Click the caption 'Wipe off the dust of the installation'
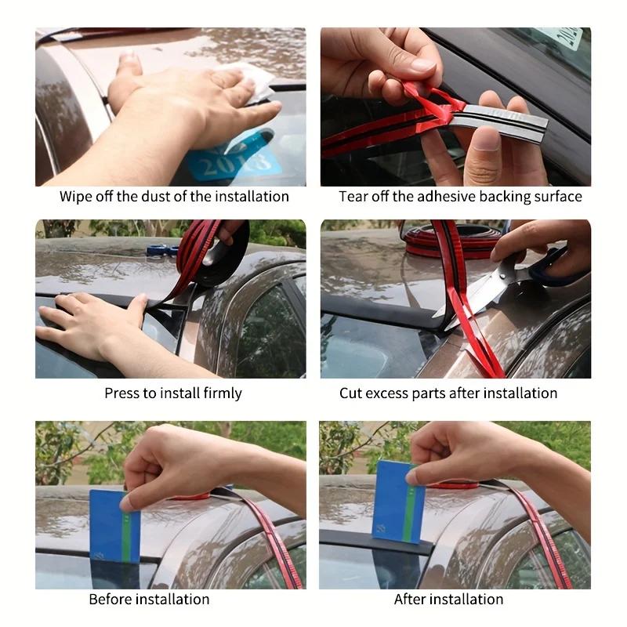pyautogui.click(x=174, y=197)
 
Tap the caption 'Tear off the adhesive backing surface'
pyautogui.click(x=460, y=197)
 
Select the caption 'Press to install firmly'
pyautogui.click(x=173, y=393)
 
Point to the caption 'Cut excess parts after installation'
pyautogui.click(x=448, y=393)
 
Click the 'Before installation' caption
pyautogui.click(x=149, y=599)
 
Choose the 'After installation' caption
pyautogui.click(x=448, y=599)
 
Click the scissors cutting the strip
pyautogui.click(x=486, y=294)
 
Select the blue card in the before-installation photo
pyautogui.click(x=114, y=525)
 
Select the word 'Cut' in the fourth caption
pyautogui.click(x=350, y=393)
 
